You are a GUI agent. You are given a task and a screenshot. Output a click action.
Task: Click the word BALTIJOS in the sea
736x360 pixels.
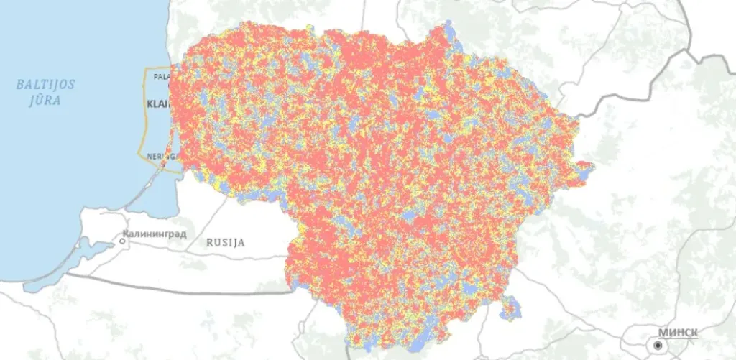point(45,85)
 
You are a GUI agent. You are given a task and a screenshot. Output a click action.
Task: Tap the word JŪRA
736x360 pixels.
point(45,100)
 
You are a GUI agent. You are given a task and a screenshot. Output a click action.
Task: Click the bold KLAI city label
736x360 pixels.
point(157,104)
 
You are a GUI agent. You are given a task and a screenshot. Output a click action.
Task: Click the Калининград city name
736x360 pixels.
point(155,234)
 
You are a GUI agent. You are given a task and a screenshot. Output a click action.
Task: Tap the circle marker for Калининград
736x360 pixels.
point(123,241)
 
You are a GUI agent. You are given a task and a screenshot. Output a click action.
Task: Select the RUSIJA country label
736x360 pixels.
point(225,242)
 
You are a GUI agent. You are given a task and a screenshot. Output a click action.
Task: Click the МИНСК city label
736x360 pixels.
point(677,332)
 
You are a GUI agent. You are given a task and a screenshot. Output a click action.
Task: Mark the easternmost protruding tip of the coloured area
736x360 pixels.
point(593,170)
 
